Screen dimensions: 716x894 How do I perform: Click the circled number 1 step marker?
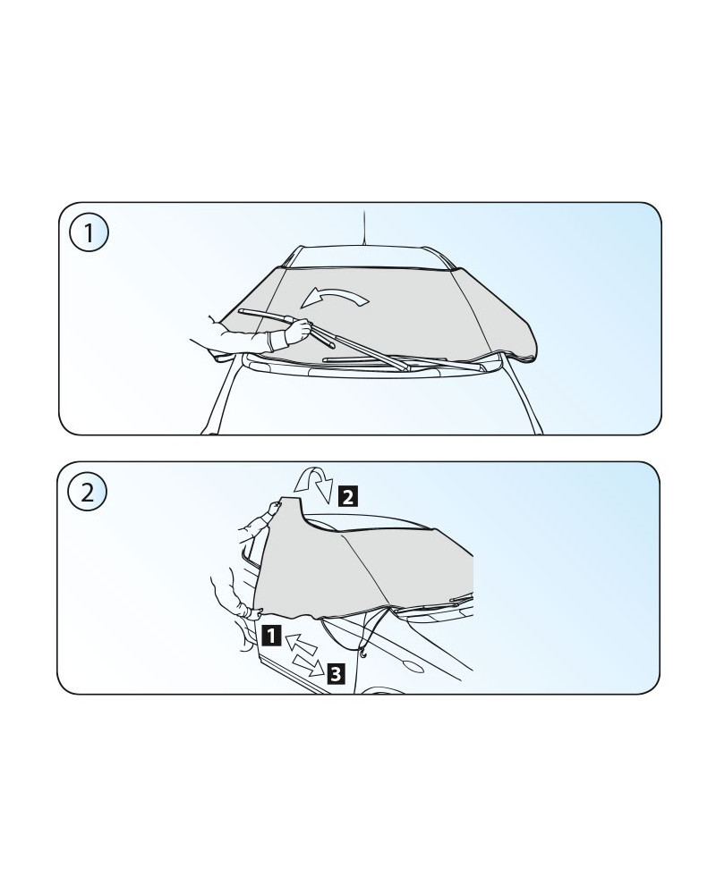(89, 232)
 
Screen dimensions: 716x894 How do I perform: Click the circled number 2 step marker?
(88, 492)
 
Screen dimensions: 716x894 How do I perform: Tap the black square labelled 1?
(272, 635)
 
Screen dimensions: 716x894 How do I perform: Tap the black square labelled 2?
(348, 495)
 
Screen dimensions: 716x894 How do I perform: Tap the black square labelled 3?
(336, 673)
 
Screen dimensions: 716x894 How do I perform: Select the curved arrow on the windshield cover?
(336, 296)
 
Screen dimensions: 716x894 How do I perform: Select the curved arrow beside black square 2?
(314, 484)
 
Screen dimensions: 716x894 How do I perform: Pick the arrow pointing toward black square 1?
(301, 643)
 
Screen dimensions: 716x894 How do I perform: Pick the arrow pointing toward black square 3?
(308, 665)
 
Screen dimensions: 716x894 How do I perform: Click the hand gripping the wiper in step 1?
(298, 331)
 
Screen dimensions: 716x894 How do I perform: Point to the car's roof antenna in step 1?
(363, 227)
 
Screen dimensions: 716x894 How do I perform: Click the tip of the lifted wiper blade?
(240, 311)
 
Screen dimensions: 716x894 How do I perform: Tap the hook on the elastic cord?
(363, 655)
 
